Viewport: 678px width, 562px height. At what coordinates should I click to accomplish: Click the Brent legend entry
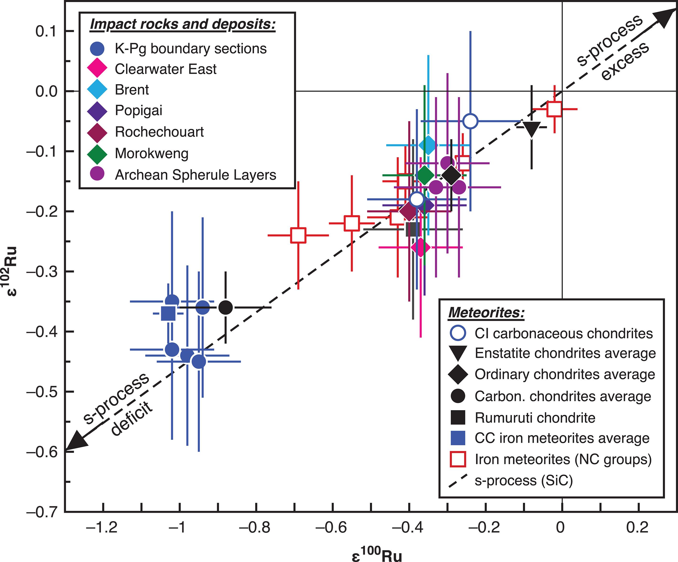click(132, 90)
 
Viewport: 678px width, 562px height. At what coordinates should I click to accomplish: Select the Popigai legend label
click(139, 110)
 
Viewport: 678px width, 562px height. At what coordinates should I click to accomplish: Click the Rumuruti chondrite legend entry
click(535, 418)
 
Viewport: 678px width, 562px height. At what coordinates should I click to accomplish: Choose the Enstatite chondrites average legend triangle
click(458, 353)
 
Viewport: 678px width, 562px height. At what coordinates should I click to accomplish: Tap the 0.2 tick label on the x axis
click(637, 527)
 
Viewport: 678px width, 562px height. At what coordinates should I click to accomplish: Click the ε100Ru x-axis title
click(376, 554)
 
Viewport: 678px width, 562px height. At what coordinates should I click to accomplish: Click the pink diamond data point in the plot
click(420, 248)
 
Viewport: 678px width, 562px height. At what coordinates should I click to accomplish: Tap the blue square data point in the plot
click(168, 313)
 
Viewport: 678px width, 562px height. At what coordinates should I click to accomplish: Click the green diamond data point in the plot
click(425, 175)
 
